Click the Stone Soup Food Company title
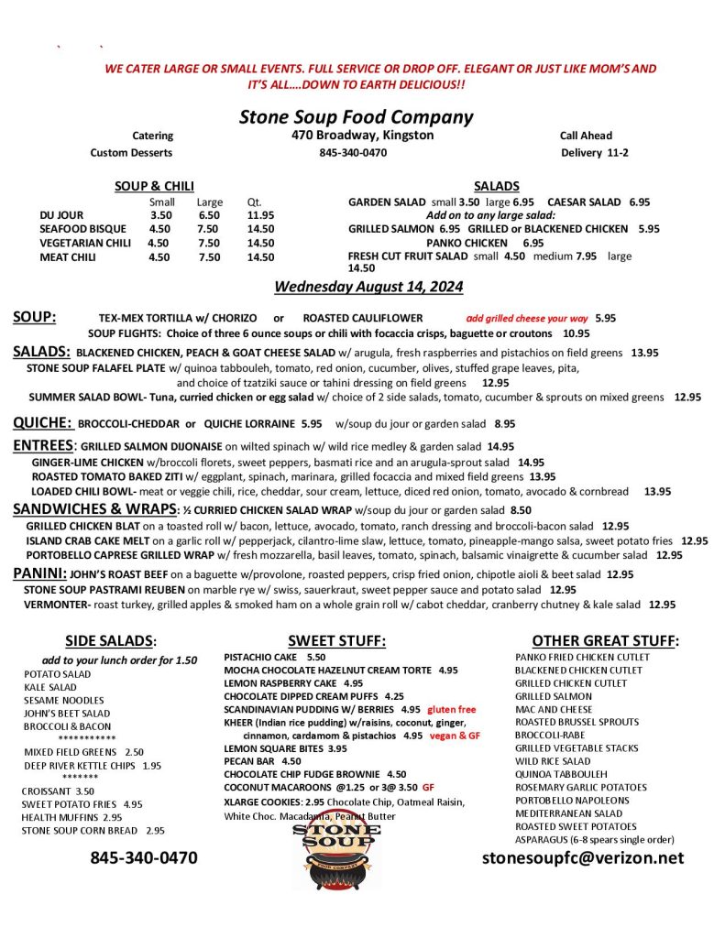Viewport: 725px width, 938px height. click(356, 117)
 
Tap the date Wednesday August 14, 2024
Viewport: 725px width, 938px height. click(368, 288)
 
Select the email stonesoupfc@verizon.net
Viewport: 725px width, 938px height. click(583, 858)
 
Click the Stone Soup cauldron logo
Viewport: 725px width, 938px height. click(336, 856)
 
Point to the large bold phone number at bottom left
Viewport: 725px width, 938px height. click(143, 858)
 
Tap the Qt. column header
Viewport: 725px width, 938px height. click(255, 202)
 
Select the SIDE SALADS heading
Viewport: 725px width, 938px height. click(111, 641)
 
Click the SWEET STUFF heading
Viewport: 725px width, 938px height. click(336, 641)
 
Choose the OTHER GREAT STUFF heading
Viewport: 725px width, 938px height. click(605, 641)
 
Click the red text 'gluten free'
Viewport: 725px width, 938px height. click(452, 710)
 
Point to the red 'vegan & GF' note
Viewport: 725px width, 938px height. click(455, 736)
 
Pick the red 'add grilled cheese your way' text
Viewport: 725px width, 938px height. click(527, 319)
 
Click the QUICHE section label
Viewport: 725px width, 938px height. click(42, 423)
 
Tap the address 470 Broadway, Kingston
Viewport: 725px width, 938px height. click(357, 136)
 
